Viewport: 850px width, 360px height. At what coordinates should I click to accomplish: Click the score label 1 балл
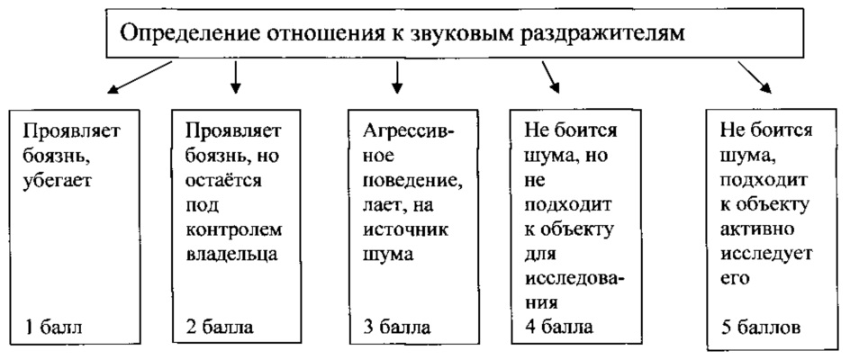50,325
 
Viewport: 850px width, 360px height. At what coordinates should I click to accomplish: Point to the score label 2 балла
219,325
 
